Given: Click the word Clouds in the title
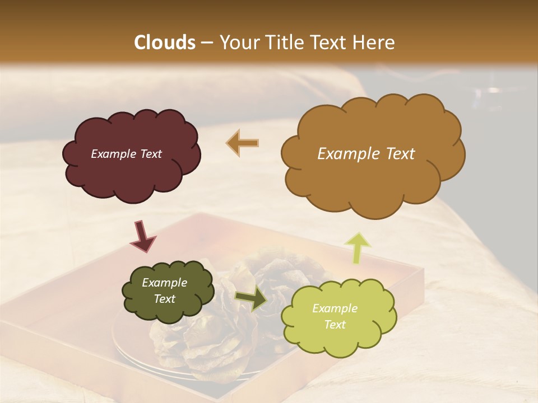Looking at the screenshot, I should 165,43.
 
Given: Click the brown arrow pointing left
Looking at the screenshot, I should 242,143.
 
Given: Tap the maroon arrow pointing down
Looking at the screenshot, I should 142,236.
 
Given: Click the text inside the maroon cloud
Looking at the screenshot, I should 126,154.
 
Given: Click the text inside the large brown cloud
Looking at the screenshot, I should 366,154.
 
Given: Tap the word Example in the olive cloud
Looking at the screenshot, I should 164,283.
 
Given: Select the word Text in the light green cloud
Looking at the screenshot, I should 335,325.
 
